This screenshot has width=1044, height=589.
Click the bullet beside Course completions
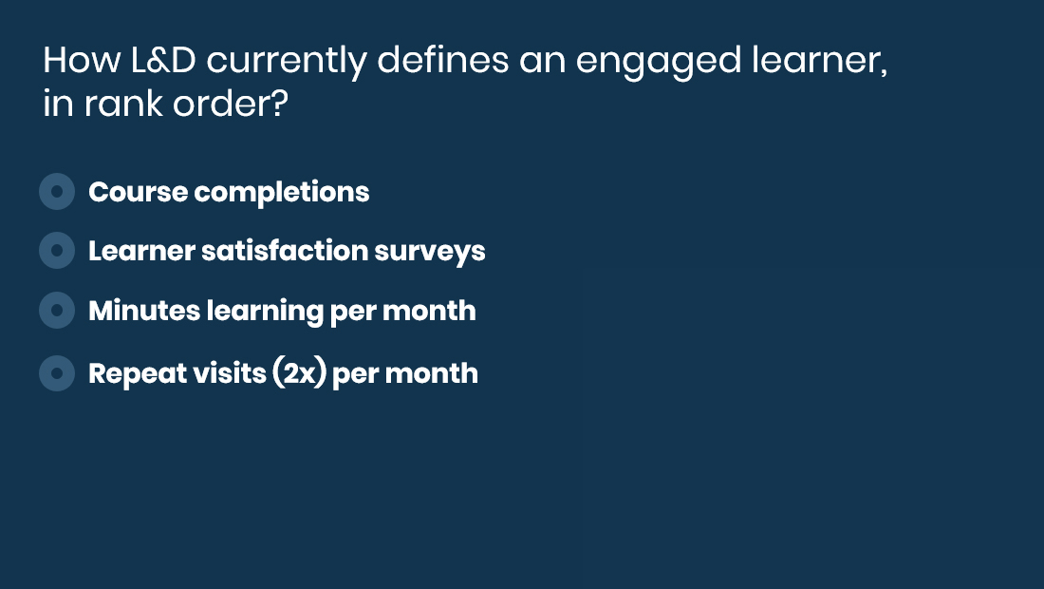57,192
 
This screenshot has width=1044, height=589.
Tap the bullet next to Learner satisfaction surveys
57,251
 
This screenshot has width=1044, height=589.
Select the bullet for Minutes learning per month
57,311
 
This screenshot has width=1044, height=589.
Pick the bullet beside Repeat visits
57,373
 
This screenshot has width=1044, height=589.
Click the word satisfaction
284,251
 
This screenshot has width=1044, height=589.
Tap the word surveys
429,253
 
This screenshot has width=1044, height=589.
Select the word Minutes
144,312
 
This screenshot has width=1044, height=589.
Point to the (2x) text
299,373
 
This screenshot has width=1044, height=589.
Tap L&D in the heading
164,60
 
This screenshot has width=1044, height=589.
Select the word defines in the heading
443,60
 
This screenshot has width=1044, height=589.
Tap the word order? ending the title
231,104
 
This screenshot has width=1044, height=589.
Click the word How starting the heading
82,60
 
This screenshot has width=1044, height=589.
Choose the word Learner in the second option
141,251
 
